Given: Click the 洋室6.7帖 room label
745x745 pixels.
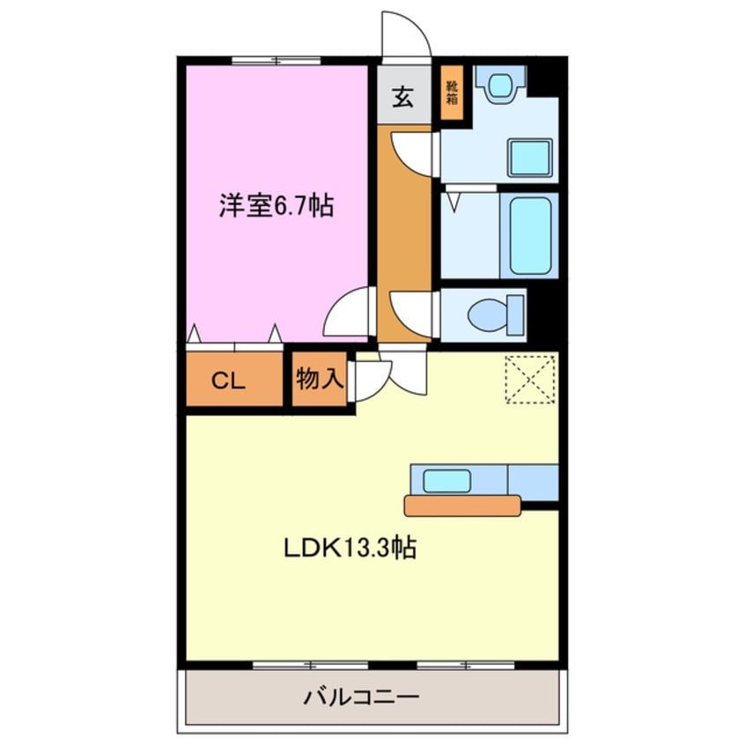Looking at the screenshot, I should [x=276, y=208].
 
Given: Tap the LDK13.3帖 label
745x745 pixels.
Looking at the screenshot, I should [x=349, y=548].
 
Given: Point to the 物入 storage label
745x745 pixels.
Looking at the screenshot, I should [x=319, y=380].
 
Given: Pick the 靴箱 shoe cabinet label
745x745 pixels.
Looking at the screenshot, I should [x=452, y=92].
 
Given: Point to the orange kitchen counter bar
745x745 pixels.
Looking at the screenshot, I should [x=462, y=505].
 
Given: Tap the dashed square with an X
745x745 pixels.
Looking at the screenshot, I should [x=531, y=379].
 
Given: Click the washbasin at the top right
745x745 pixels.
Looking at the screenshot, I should [x=500, y=85].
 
